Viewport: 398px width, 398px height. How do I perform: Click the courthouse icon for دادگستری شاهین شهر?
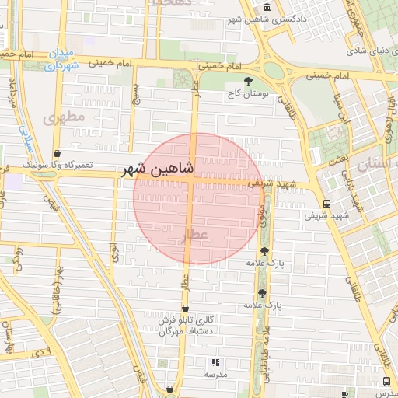(x=267, y=8)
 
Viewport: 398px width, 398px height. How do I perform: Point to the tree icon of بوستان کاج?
(x=248, y=81)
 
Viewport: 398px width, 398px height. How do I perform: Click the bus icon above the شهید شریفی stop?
(x=326, y=204)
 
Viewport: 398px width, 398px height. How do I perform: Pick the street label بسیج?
(x=135, y=93)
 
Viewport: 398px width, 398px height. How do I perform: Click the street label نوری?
(x=114, y=250)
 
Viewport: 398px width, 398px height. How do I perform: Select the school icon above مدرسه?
(x=216, y=362)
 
